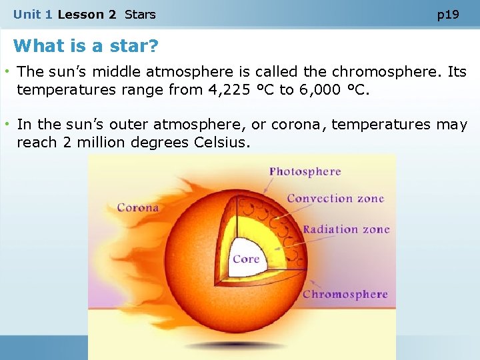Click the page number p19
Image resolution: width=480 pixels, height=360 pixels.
[447, 15]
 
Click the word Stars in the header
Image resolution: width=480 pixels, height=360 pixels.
[140, 15]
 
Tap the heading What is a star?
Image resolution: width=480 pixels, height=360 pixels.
[86, 46]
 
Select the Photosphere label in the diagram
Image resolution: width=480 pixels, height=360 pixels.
[305, 172]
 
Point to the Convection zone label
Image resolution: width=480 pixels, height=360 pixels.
[335, 199]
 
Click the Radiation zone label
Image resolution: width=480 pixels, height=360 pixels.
[346, 229]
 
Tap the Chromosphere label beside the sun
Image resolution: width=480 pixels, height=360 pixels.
[345, 294]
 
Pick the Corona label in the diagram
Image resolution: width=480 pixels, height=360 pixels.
[138, 207]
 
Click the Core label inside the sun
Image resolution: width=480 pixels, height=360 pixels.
[246, 259]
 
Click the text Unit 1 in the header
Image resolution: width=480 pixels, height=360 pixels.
[33, 15]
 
